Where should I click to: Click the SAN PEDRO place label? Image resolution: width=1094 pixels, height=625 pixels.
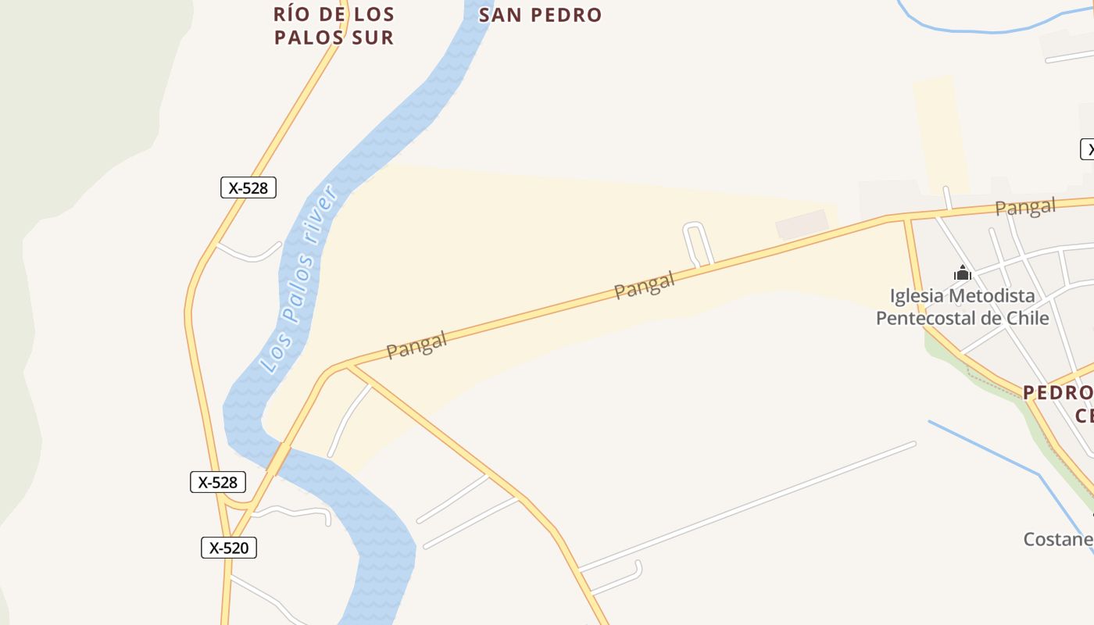[x=540, y=15]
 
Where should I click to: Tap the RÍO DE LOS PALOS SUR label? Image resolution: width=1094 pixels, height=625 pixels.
[x=334, y=25]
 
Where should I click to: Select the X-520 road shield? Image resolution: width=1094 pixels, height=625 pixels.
[x=229, y=548]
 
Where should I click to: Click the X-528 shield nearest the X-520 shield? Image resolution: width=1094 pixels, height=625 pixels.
[x=218, y=482]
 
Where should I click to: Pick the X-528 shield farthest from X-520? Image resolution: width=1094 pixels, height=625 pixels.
[x=248, y=187]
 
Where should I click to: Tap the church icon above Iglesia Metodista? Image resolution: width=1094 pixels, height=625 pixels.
[x=962, y=273]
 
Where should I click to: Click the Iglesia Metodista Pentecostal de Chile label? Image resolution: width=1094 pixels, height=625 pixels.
[x=962, y=307]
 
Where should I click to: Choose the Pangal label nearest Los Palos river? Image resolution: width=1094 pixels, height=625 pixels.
[x=417, y=345]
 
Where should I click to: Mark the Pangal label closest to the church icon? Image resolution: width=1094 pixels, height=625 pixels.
[x=1024, y=207]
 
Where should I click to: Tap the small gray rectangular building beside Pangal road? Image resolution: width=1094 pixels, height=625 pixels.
[x=802, y=224]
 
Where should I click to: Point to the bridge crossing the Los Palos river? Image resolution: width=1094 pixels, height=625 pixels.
[x=278, y=459]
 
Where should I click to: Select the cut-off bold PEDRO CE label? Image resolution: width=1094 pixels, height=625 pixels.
[x=1058, y=402]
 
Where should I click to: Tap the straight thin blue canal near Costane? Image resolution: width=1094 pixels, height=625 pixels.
[x=985, y=447]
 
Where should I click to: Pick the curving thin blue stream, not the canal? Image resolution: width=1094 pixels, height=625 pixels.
[x=992, y=30]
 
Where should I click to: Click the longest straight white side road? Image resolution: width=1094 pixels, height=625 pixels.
[x=746, y=506]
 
